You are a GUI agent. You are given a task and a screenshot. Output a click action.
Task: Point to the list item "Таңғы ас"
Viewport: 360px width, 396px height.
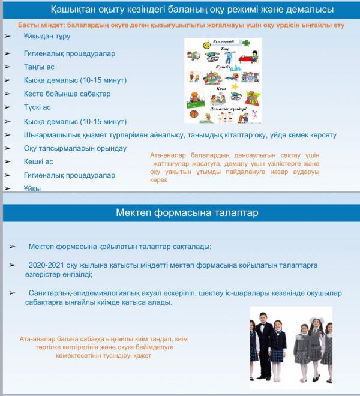[x=39, y=67]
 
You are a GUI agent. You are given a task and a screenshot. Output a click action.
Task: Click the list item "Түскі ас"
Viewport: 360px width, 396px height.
[x=37, y=107]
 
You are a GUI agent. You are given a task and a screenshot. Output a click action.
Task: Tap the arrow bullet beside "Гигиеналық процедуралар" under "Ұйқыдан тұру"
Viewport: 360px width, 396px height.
[x=7, y=53]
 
